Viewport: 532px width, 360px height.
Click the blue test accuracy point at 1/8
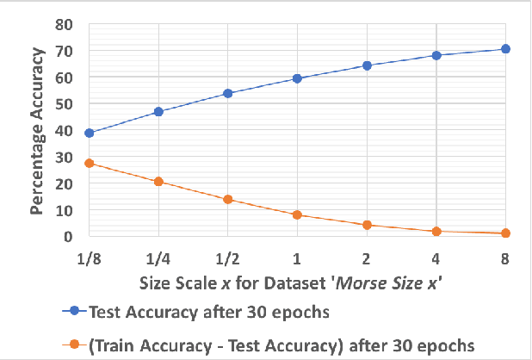tap(89, 133)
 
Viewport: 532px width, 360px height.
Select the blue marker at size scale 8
tap(505, 49)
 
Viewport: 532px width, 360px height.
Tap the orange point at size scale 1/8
tap(89, 163)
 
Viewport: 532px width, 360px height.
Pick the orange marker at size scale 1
tap(297, 214)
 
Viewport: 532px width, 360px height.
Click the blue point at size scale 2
tap(367, 65)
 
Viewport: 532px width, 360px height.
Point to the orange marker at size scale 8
tap(505, 233)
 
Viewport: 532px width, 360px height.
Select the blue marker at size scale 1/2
tap(227, 93)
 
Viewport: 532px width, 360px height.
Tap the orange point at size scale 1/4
tap(158, 182)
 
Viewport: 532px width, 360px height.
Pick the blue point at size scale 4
tap(436, 55)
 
